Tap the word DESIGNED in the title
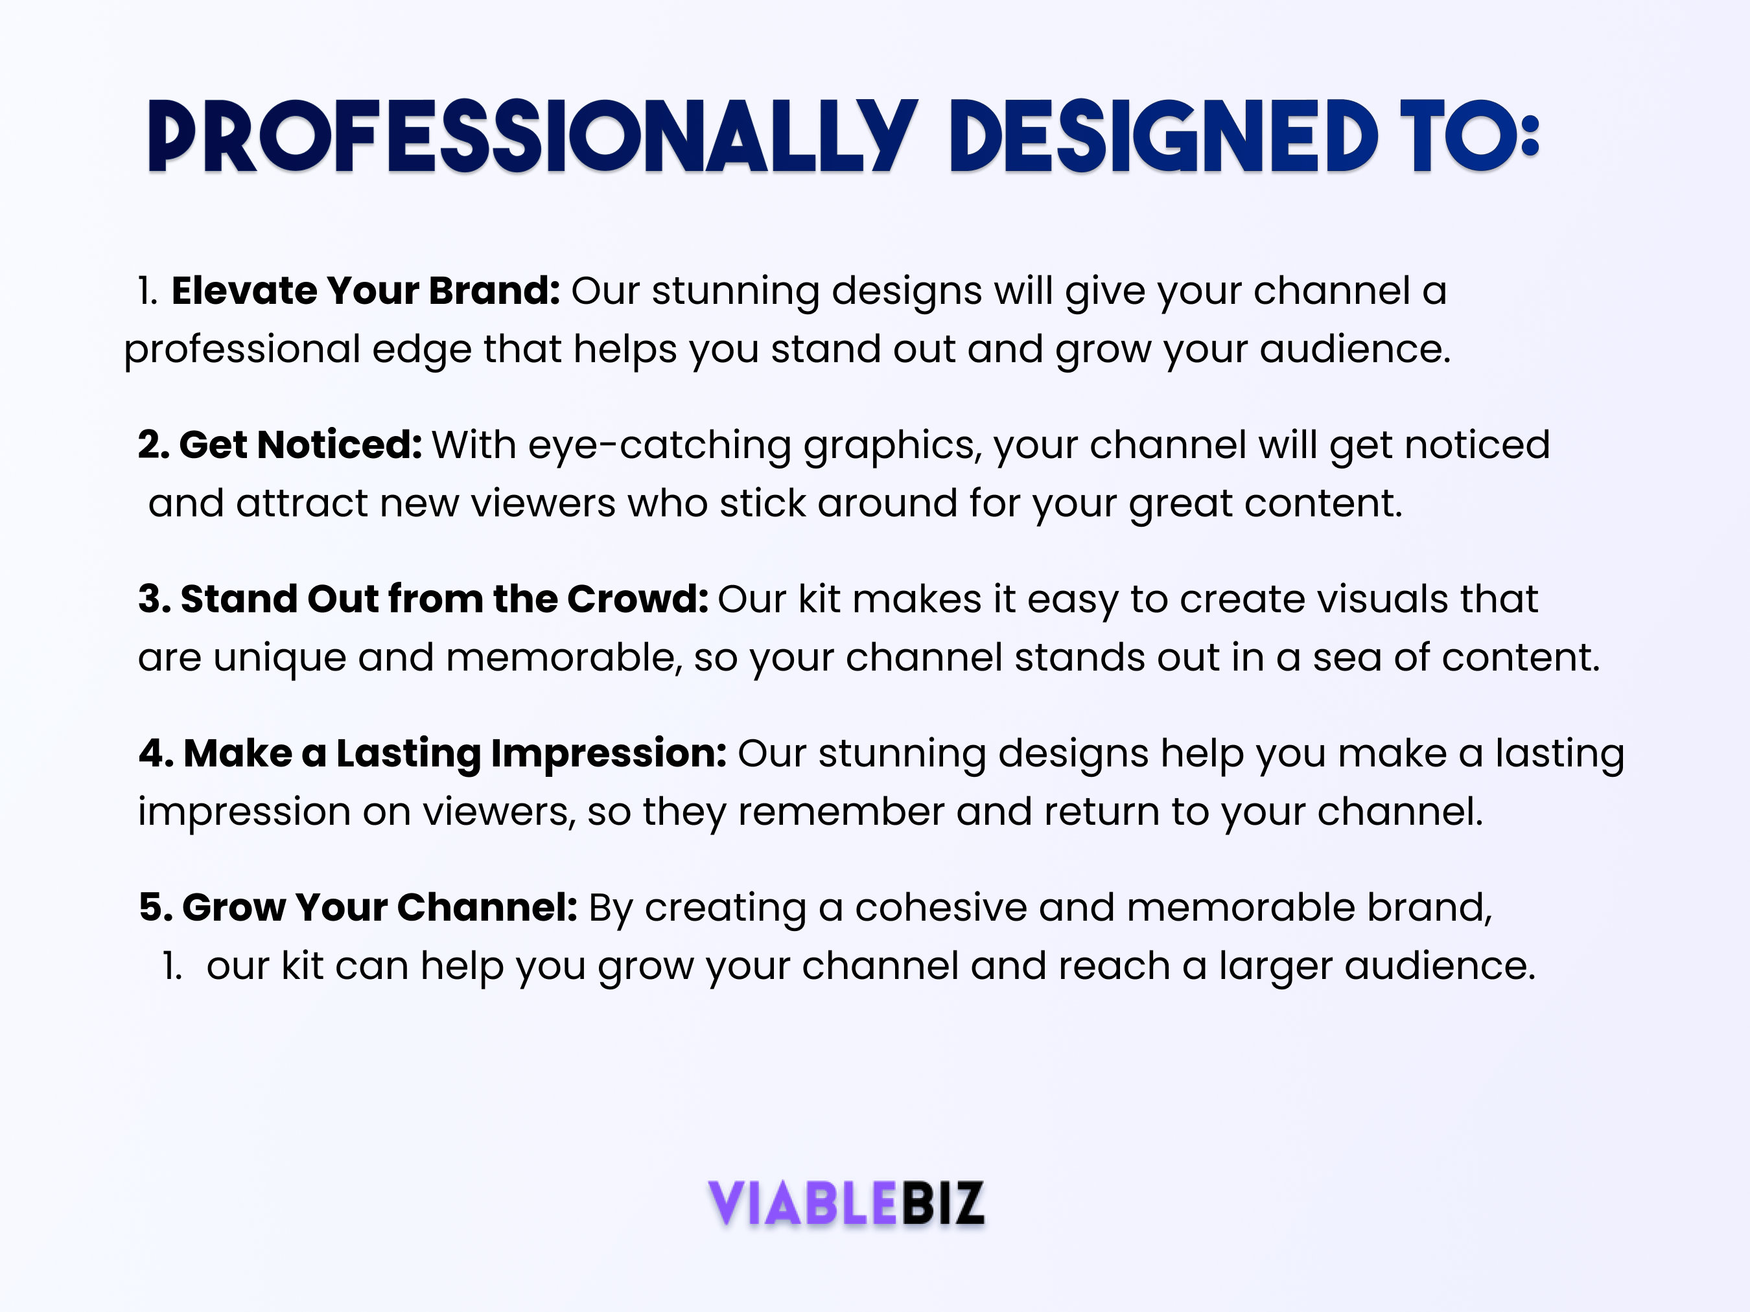(1163, 136)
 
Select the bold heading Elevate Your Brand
(366, 290)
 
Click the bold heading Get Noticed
(301, 444)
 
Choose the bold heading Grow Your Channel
(380, 907)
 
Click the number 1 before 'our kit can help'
(172, 967)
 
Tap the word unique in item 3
(279, 659)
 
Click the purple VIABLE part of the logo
(802, 1203)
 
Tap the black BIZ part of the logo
(942, 1203)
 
